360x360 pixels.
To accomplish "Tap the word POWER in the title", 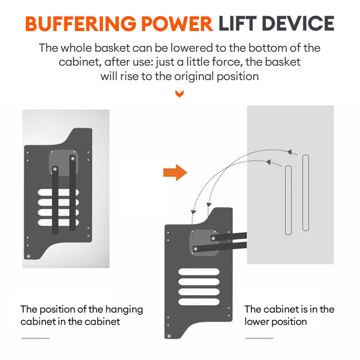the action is click(182, 23).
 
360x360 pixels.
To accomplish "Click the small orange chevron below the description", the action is click(180, 94).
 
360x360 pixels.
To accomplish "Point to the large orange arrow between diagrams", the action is click(175, 172).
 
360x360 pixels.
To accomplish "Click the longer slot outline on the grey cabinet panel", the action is click(306, 193).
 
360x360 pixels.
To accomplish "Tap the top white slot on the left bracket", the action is click(58, 193).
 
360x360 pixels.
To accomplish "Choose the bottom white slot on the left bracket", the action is click(58, 221).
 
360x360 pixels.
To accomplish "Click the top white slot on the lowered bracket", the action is click(199, 272).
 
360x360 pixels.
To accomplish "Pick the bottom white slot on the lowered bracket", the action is click(199, 301).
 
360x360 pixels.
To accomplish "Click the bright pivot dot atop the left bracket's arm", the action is click(55, 169).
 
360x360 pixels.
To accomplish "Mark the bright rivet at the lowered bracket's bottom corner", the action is click(169, 336).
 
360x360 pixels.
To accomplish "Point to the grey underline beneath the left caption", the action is click(35, 338).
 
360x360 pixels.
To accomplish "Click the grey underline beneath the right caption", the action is click(258, 338).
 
